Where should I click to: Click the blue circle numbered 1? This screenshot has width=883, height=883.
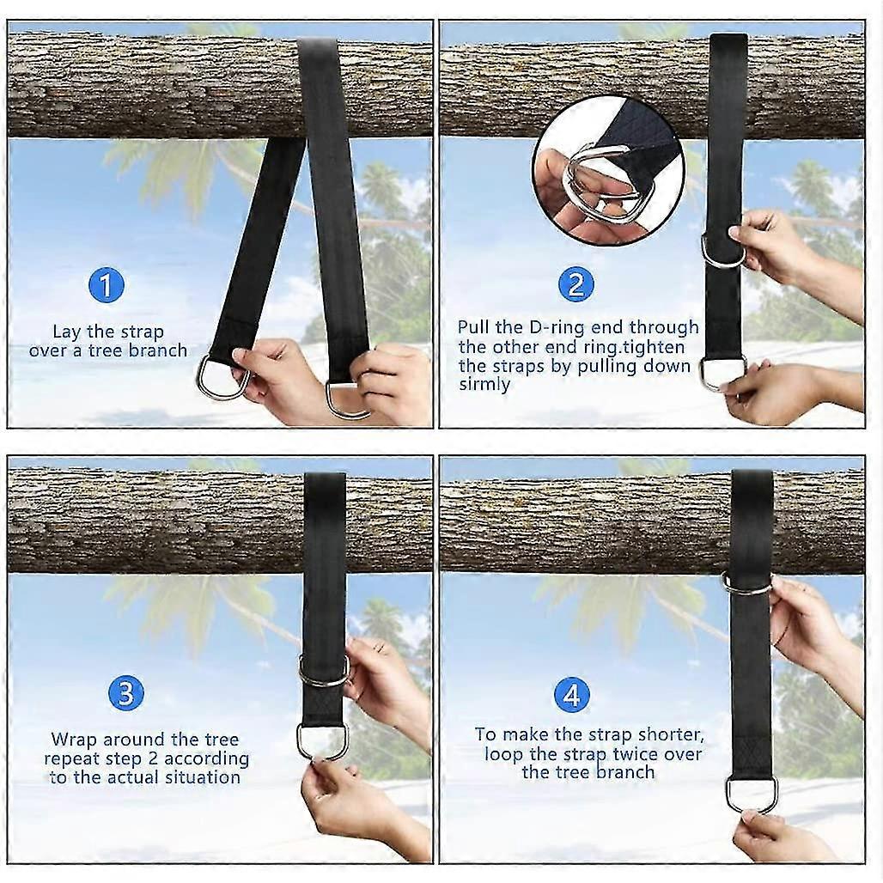coord(107,285)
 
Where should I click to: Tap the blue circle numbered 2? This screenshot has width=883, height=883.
coord(575,284)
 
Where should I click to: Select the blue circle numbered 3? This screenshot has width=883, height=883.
coord(125,693)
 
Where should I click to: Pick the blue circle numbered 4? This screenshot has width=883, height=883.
coord(571,695)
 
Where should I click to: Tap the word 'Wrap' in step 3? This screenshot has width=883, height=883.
coord(74,740)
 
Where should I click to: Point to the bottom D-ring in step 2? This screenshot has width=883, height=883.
coord(722,373)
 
